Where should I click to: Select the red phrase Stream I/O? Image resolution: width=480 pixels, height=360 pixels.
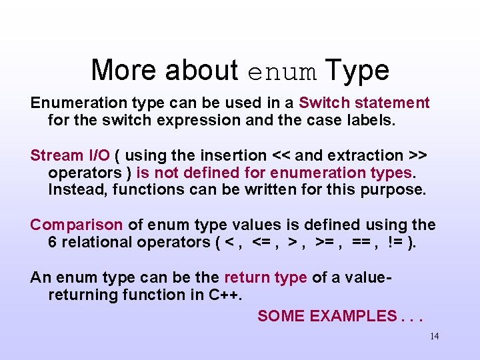coord(69,155)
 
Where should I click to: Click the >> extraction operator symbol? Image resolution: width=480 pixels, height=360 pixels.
coord(417,155)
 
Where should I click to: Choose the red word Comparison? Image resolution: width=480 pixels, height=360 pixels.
coord(77,225)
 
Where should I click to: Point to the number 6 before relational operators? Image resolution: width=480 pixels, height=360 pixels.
coord(53,242)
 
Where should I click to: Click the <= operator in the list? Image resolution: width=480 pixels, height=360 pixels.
coord(262,242)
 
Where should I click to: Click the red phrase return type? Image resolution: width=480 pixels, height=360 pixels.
coord(265,277)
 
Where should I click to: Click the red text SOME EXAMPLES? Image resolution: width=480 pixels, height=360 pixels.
coord(326,316)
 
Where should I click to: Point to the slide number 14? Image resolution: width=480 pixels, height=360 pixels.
coord(434,336)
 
